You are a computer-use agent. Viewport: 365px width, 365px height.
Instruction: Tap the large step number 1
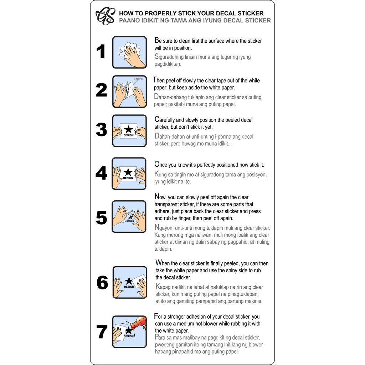(101, 51)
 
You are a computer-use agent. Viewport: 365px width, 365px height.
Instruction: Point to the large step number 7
(102, 332)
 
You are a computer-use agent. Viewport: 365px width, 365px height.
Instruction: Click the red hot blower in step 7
(139, 323)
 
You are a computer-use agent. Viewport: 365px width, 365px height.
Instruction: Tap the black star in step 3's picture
(128, 129)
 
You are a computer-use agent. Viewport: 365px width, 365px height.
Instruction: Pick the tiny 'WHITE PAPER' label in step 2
(138, 79)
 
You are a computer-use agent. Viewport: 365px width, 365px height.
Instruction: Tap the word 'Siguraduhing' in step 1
(169, 57)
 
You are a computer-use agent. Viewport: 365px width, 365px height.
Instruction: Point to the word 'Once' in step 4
(161, 164)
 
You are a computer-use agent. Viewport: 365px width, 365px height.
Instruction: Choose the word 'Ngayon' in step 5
(164, 228)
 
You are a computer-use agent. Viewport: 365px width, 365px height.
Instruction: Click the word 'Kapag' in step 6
(163, 287)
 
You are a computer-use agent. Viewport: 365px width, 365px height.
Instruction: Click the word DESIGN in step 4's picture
(128, 178)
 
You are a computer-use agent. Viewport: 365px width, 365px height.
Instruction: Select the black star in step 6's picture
(128, 281)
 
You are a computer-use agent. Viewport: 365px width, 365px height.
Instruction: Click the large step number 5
(102, 218)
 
